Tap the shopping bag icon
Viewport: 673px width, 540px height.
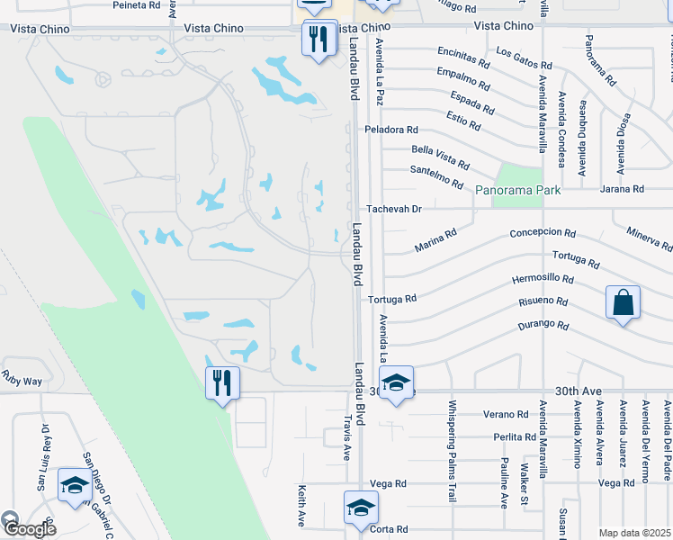coord(623,302)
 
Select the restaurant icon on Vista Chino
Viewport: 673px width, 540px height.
coord(319,39)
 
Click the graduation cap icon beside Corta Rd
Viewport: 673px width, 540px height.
coord(360,508)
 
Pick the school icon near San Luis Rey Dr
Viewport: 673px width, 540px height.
coord(74,485)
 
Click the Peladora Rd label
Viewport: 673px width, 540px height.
coord(391,130)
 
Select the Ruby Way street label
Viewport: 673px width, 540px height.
coord(22,382)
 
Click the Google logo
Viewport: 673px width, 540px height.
coord(29,528)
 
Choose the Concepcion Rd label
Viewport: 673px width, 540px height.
coord(542,232)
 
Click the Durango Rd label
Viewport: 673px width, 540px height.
coord(543,326)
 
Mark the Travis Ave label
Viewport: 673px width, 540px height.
coord(345,438)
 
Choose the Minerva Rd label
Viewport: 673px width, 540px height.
coord(650,238)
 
